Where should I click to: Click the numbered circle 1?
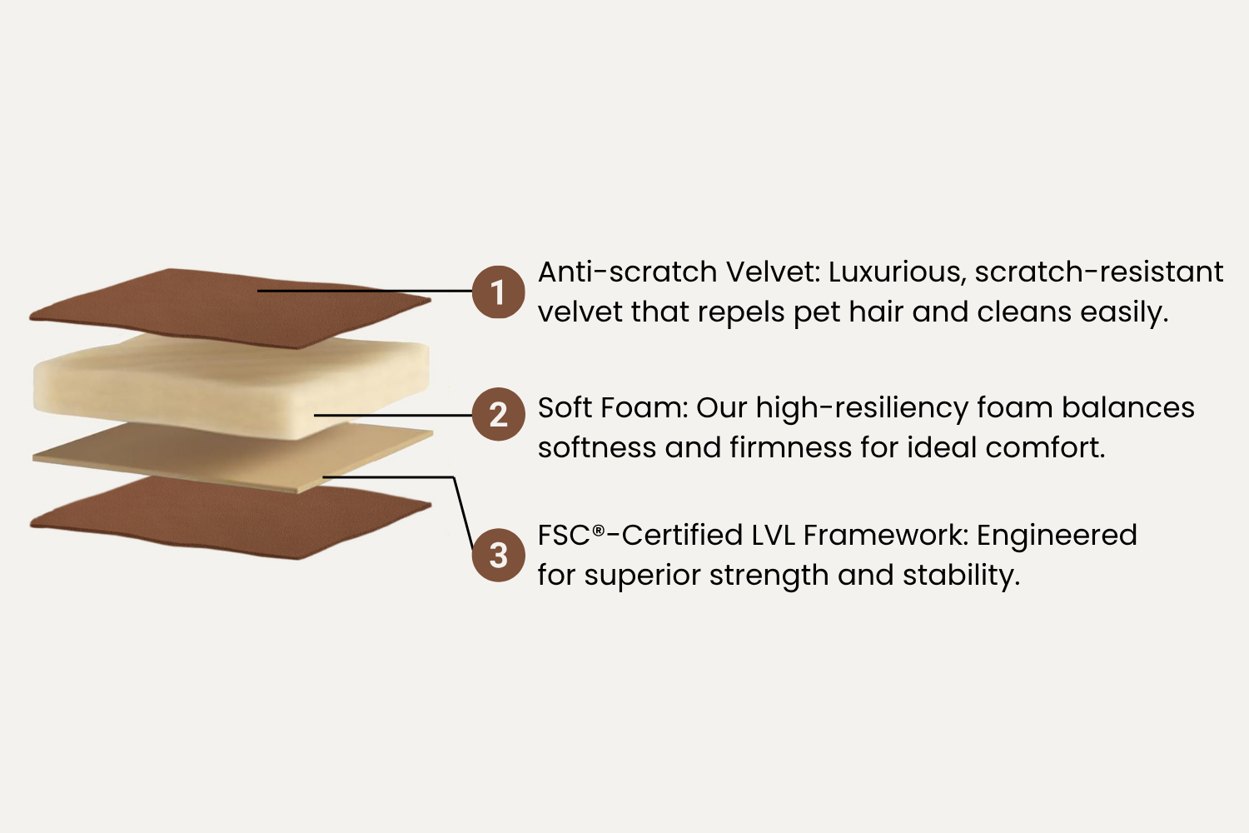(x=498, y=292)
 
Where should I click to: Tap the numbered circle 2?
(x=498, y=414)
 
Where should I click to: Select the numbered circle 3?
(x=498, y=555)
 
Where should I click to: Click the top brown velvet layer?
(x=230, y=308)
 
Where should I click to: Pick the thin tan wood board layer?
(x=233, y=457)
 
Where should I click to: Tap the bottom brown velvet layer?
(x=230, y=517)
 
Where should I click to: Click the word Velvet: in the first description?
(x=773, y=272)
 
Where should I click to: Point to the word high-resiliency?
(x=862, y=408)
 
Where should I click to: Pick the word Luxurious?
(x=897, y=273)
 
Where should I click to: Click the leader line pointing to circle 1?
(x=365, y=291)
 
